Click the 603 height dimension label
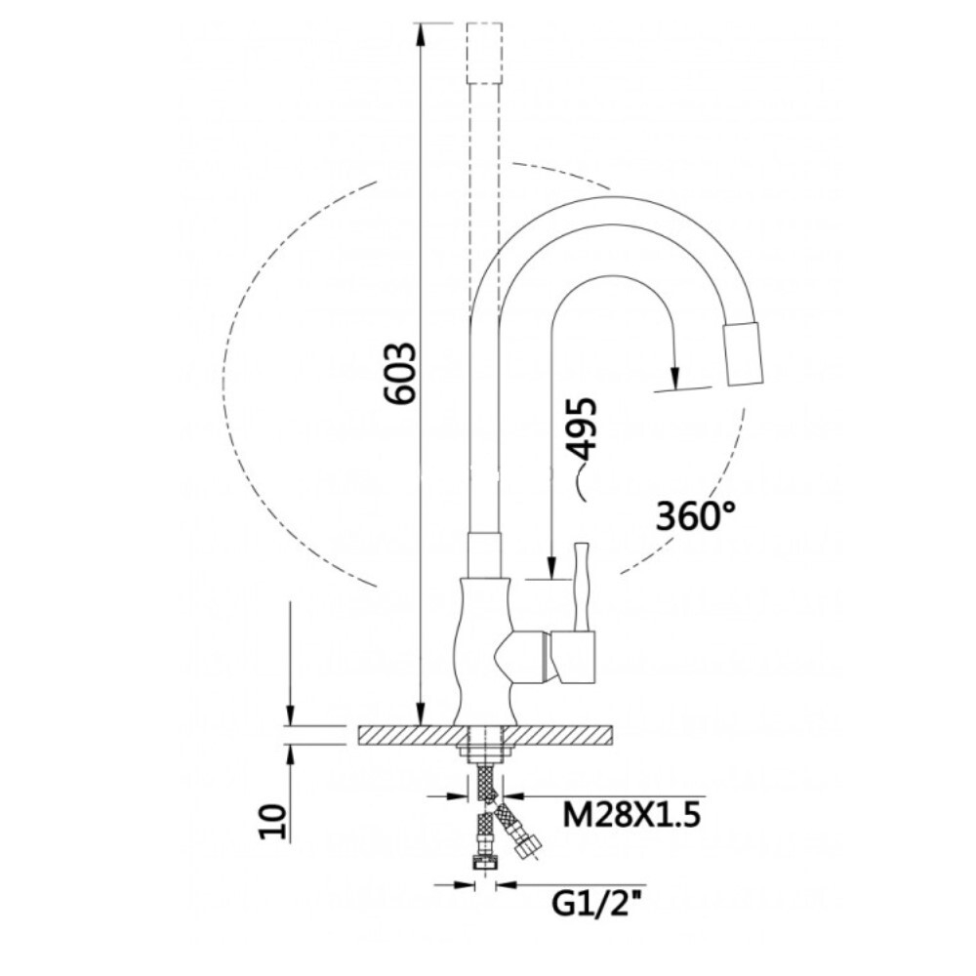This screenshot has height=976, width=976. [x=400, y=374]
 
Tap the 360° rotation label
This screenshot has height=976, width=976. [x=694, y=515]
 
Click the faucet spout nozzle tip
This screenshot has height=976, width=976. [x=745, y=355]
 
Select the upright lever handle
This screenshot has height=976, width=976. [x=583, y=586]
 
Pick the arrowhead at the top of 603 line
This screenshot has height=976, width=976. [x=421, y=35]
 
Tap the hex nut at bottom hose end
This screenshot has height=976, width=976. [x=482, y=862]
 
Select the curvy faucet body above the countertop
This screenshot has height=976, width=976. [x=481, y=644]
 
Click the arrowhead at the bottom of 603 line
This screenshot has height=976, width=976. [x=421, y=713]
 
